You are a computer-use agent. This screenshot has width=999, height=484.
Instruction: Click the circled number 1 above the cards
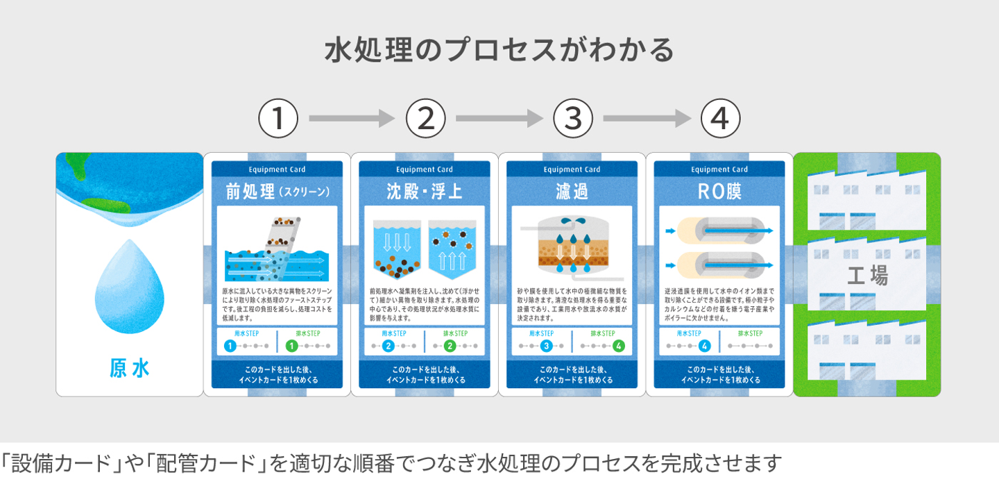point(278,119)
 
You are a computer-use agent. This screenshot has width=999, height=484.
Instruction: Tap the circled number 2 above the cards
point(425,119)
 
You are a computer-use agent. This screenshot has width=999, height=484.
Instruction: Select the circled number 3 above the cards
point(573,119)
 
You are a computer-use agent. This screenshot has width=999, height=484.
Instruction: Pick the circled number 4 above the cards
point(720,119)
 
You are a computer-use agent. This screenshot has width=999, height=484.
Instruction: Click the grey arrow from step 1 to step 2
point(351,119)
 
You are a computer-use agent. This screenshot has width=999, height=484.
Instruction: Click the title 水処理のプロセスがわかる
point(499,51)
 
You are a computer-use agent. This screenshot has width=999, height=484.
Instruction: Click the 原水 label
point(130,368)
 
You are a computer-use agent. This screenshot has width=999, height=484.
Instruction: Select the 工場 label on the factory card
point(867,276)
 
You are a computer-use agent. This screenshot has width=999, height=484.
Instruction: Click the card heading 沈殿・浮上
point(425,191)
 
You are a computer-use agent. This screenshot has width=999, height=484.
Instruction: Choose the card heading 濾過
point(572,191)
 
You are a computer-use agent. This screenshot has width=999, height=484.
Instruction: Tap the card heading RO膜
point(719,191)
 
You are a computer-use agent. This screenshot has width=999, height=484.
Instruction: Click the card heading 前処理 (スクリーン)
point(277,191)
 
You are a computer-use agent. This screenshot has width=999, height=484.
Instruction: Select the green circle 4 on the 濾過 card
point(619,346)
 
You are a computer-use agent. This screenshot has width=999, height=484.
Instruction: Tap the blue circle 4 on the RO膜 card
point(705,346)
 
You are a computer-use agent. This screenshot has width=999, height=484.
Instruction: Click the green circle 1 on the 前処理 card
point(292,346)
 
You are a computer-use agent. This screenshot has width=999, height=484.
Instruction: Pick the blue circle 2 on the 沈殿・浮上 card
point(388,346)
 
